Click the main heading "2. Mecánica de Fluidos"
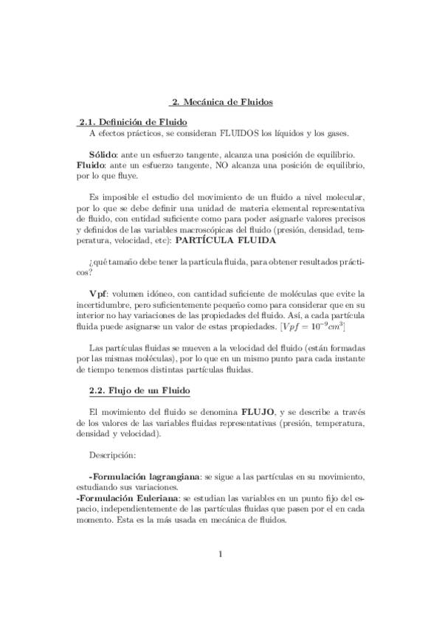pos(221,102)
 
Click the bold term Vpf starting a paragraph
pos(99,293)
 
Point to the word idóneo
pos(162,293)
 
